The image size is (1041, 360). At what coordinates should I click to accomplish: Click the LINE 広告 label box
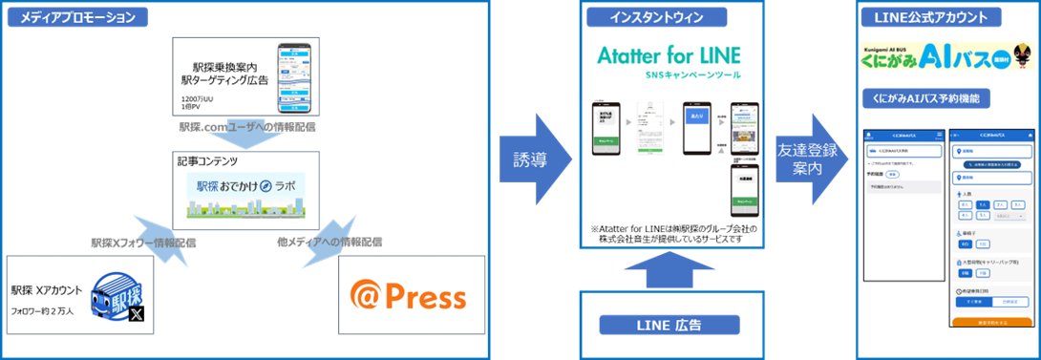coord(669,325)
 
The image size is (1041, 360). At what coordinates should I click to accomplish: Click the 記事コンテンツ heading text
coord(207,162)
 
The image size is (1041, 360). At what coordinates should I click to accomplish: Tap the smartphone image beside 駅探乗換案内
coord(295,76)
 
